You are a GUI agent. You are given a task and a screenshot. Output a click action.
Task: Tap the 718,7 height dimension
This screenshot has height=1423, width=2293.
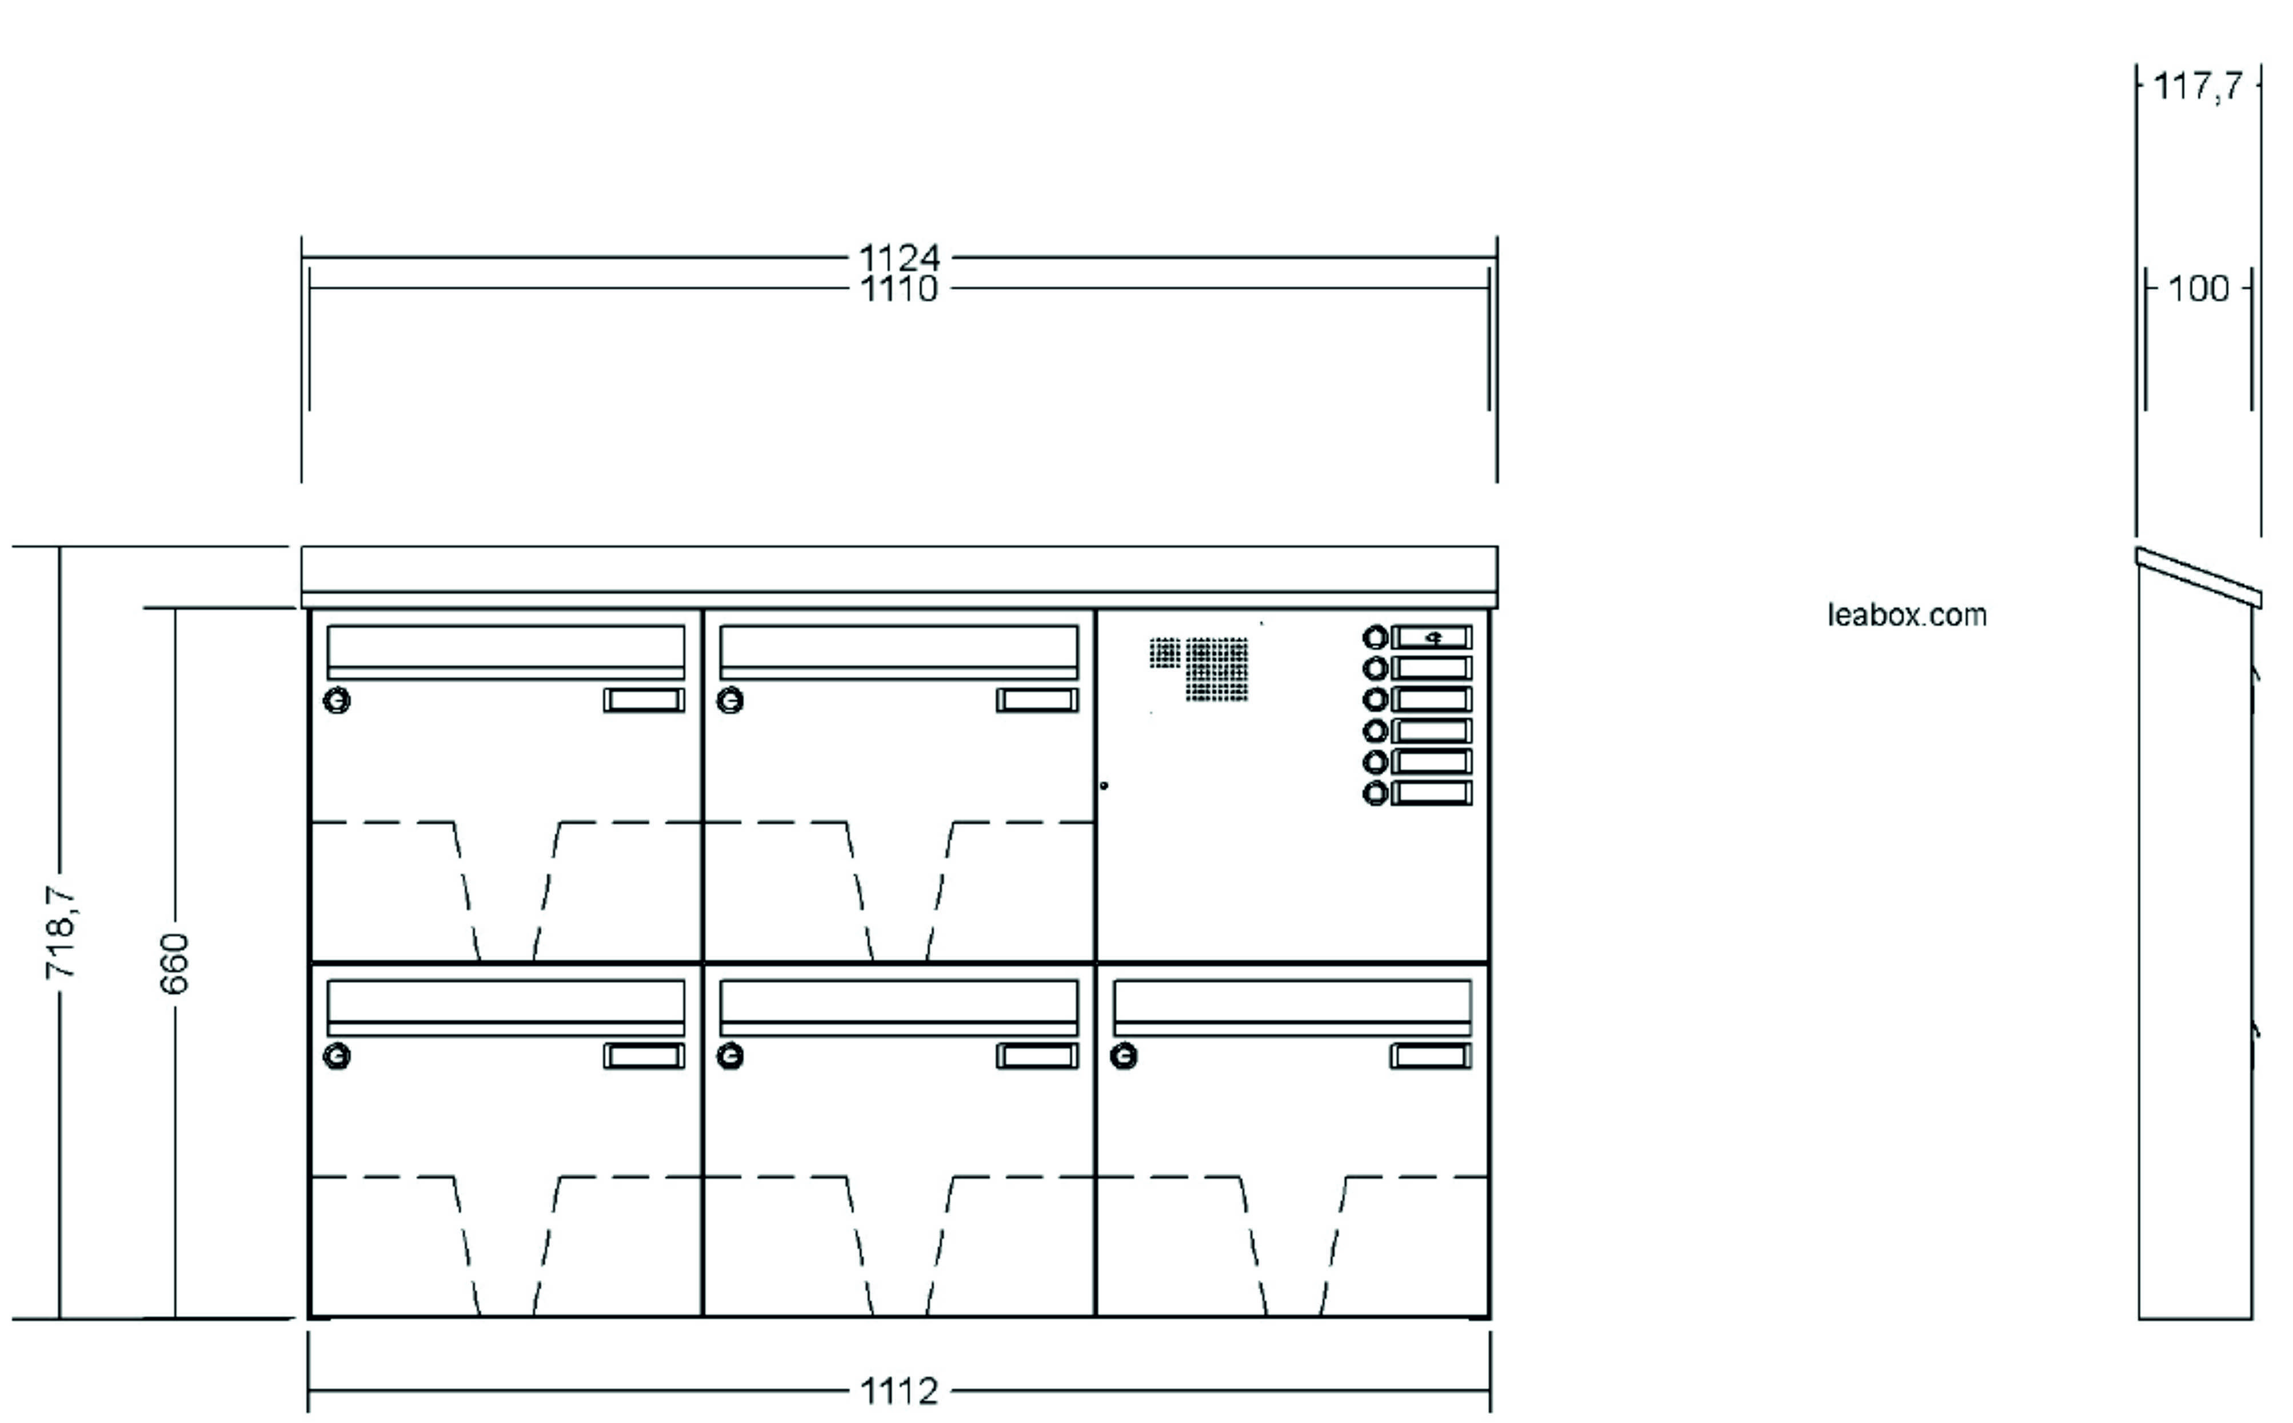(60, 933)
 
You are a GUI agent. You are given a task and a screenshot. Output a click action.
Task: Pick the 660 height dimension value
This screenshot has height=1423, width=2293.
(175, 963)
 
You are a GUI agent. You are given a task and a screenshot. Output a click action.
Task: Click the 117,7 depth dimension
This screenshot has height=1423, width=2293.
(2198, 87)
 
